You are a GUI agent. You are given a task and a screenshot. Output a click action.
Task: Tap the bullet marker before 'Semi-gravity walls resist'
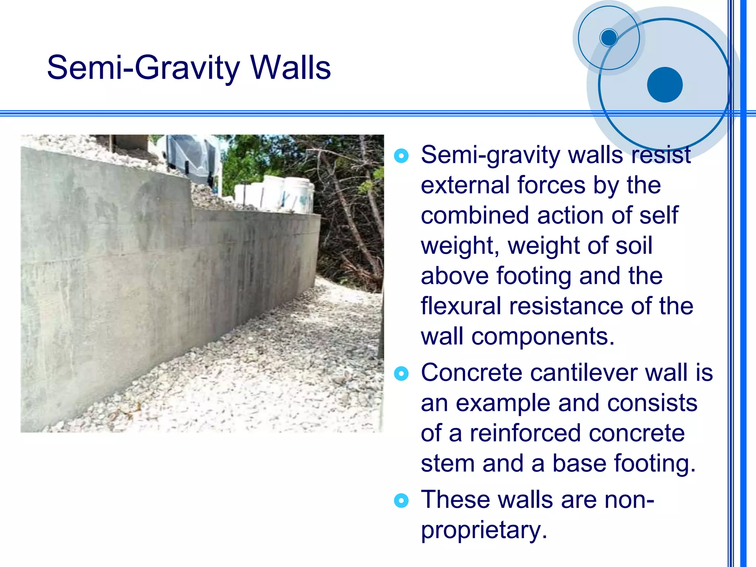401,156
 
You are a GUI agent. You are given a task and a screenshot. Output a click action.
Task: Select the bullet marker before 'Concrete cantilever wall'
401,374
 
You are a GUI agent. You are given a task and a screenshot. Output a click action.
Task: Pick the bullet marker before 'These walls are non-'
401,501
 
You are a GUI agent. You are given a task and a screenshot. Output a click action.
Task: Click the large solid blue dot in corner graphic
664,85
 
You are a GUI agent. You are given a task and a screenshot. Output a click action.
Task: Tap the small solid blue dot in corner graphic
609,38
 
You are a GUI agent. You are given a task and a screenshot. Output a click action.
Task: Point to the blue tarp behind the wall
192,157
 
